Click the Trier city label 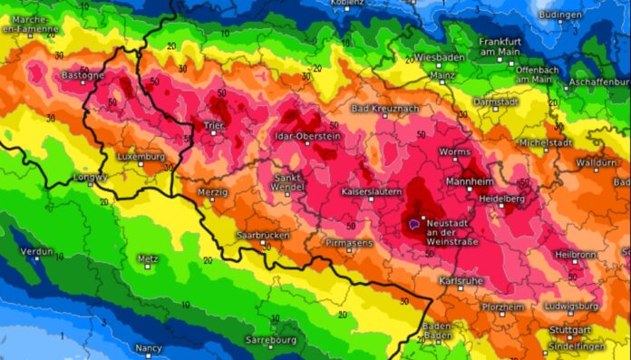point(214,125)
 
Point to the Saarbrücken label point(262,236)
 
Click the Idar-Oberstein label point(306,136)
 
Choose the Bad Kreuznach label point(385,109)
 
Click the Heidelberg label point(502,198)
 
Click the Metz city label point(147,258)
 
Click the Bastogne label point(83,75)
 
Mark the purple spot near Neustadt point(413,220)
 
